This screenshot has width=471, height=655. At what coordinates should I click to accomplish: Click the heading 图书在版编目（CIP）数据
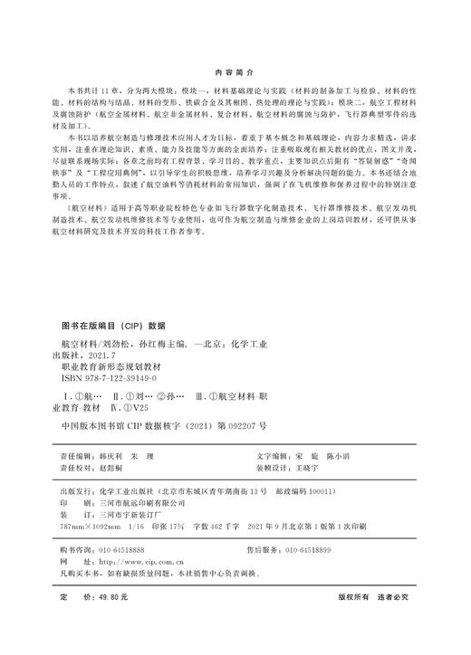(113, 323)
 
